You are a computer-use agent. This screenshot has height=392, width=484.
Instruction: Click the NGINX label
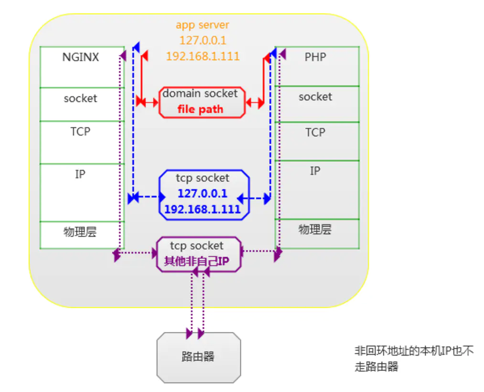80,57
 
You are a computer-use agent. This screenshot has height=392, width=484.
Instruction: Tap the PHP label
315,57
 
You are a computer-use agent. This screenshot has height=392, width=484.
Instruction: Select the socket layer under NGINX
80,98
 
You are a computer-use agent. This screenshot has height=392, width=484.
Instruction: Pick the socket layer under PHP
315,97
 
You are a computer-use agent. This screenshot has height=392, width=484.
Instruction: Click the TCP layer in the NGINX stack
80,131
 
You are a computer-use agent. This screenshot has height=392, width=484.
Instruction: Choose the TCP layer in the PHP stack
315,132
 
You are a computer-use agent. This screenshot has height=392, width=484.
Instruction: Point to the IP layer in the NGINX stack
80,174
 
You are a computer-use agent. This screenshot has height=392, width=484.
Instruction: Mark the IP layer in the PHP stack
315,171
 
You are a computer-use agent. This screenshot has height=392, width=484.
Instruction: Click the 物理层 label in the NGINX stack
80,232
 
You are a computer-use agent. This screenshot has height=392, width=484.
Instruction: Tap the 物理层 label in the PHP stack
315,229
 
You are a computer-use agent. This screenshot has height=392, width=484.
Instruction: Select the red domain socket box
202,102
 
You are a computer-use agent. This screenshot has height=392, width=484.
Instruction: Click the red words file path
200,109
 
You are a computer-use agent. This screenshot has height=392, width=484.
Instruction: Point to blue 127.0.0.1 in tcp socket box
203,194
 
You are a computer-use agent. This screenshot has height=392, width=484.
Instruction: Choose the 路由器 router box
198,357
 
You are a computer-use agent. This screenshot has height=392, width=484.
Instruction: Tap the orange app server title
203,25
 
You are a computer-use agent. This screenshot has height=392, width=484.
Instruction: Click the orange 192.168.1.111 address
203,56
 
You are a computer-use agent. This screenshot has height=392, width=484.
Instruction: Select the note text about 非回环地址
414,359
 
